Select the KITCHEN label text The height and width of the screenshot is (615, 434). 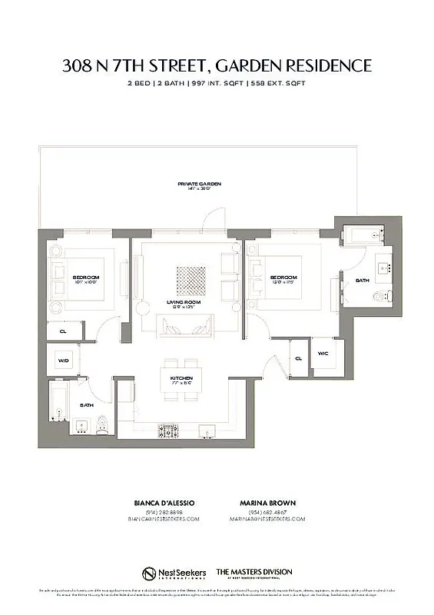pos(181,379)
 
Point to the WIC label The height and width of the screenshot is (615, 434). pos(323,354)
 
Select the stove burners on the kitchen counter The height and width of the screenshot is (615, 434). pos(168,429)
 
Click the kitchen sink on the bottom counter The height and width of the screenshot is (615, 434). pos(206,429)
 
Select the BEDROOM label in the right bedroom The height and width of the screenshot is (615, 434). pos(283,278)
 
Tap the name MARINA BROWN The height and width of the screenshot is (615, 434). pos(267,503)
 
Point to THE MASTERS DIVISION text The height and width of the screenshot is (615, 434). pos(253,572)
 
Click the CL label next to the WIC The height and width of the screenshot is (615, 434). pos(297,357)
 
